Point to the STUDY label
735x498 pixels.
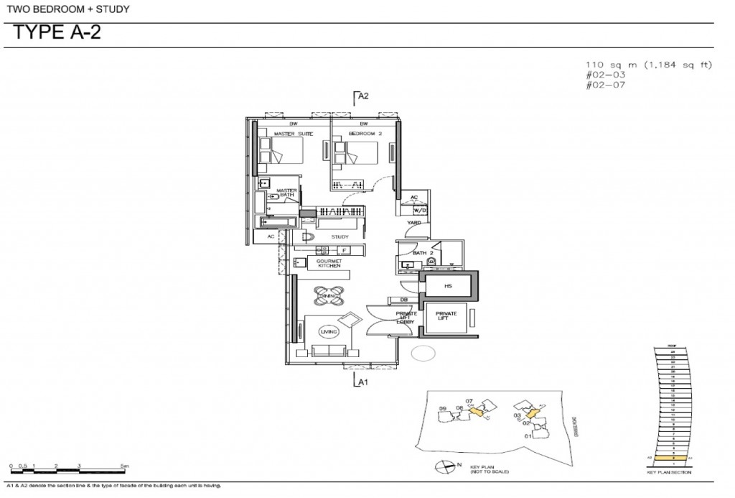340,236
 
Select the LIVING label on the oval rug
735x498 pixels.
330,331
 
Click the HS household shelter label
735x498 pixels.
448,285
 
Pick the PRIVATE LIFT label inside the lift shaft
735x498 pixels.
446,315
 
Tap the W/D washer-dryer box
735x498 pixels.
419,211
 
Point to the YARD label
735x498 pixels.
414,223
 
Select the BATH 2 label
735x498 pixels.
421,254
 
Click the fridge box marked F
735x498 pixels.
345,249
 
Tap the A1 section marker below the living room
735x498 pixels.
363,382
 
